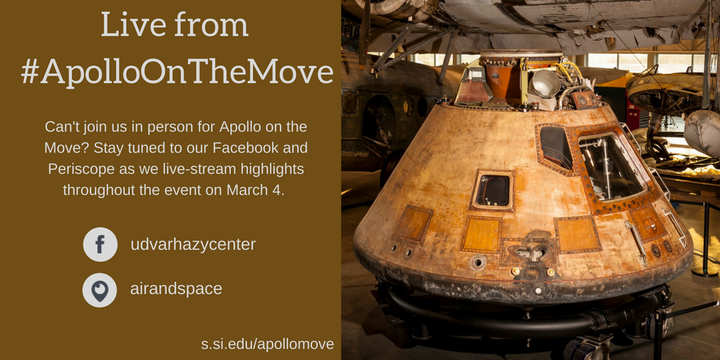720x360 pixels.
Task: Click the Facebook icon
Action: coord(100,245)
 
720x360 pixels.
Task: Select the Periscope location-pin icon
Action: coord(100,290)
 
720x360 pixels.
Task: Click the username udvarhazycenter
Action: coord(193,245)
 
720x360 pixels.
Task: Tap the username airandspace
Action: coord(176,289)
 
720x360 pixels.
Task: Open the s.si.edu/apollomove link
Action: coord(267,344)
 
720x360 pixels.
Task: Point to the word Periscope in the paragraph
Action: coord(81,169)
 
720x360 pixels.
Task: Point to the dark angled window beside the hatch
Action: coord(555,146)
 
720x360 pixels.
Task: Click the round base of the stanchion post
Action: coord(705,270)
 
